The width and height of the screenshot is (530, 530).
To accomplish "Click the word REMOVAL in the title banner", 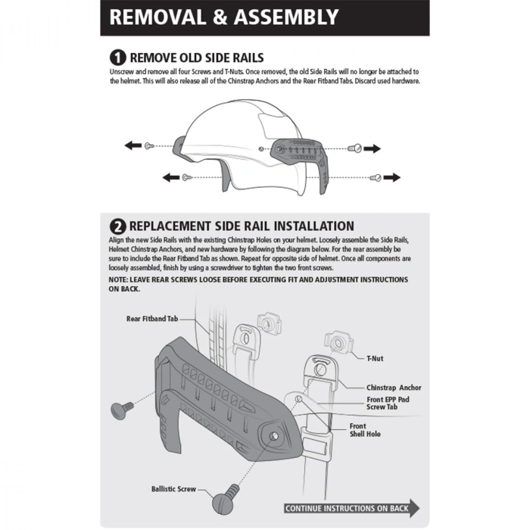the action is point(157,17).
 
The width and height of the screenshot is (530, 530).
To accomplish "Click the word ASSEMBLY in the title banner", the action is point(286,17).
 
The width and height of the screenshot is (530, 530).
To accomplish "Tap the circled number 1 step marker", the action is point(117,58).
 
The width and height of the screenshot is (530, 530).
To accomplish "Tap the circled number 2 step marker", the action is point(117,226).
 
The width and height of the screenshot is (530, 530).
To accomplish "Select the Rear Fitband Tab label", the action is point(152,319).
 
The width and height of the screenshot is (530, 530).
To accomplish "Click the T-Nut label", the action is point(375,358).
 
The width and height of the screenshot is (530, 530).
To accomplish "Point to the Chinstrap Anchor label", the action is point(394,388).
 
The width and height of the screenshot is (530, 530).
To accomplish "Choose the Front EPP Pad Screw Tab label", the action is point(388,404).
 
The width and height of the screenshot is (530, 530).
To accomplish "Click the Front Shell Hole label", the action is point(365,430).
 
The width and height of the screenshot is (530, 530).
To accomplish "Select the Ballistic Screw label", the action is point(173,489).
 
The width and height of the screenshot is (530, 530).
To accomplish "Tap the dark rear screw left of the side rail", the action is point(122,410).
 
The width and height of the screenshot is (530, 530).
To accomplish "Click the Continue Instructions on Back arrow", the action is point(351,508).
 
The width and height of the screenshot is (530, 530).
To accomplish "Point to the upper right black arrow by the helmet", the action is point(373,148).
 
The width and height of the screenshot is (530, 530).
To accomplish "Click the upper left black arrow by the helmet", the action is point(133,145).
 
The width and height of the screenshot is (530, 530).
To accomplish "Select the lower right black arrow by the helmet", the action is point(392,177).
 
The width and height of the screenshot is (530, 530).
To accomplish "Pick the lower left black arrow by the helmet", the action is point(171,177).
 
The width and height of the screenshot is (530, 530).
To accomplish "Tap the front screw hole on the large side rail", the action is point(274,436).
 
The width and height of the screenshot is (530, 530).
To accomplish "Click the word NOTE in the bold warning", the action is point(117,280).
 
